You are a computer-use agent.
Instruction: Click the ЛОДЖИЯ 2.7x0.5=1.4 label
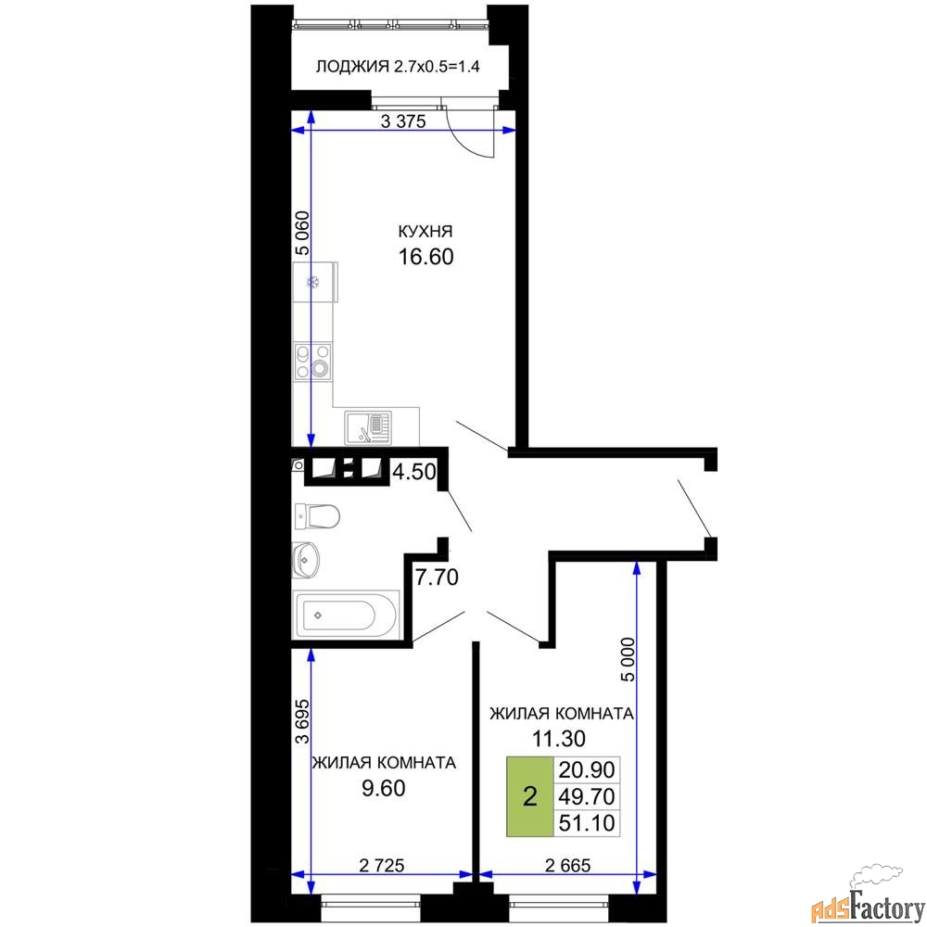(398, 66)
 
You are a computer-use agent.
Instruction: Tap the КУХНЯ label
(425, 231)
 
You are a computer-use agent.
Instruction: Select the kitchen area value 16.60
(425, 257)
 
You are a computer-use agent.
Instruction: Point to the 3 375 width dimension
(403, 121)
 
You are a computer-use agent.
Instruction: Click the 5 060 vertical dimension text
(302, 233)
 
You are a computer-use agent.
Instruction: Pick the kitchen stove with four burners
(312, 362)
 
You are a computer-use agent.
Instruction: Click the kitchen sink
(368, 427)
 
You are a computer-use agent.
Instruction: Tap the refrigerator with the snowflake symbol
(315, 283)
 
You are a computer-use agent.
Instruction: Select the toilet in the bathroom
(316, 516)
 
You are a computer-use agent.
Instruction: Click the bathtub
(347, 615)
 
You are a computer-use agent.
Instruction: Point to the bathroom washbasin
(306, 559)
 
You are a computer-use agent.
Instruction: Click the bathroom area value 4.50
(414, 472)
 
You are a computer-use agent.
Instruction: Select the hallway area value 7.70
(437, 577)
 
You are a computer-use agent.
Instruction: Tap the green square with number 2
(529, 796)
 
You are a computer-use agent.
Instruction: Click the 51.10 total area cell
(587, 822)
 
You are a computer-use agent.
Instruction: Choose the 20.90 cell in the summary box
(587, 769)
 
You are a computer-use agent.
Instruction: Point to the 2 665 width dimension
(567, 866)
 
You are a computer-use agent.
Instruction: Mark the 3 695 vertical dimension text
(302, 720)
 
